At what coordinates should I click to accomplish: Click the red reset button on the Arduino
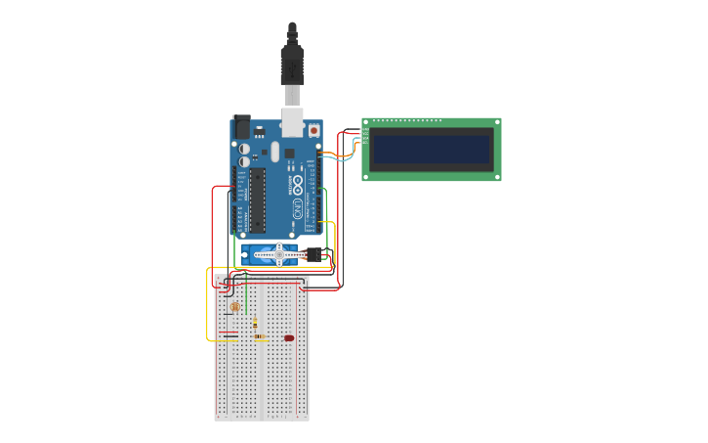click(x=313, y=130)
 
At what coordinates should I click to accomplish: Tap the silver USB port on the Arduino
click(x=292, y=121)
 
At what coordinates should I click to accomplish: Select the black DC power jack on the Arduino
click(x=241, y=126)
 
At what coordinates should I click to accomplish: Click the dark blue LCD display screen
click(x=431, y=150)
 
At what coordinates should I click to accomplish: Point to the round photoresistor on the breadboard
click(x=234, y=306)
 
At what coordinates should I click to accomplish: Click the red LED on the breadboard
click(x=289, y=338)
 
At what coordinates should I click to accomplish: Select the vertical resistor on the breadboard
click(x=255, y=323)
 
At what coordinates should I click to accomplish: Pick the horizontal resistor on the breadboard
click(x=261, y=336)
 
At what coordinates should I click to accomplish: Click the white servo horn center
click(x=279, y=255)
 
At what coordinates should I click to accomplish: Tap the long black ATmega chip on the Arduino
click(x=257, y=199)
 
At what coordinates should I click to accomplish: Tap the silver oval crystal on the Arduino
click(x=276, y=152)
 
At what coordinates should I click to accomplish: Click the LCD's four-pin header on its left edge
click(x=365, y=135)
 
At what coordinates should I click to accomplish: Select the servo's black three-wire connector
click(x=313, y=255)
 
